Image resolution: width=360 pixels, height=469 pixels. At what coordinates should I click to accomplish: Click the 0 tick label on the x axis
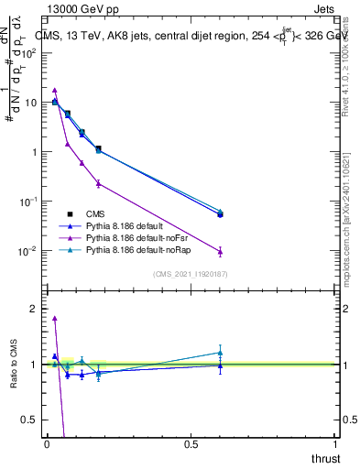tap(47, 443)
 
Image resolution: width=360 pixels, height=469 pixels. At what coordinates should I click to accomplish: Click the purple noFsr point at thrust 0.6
tap(220, 251)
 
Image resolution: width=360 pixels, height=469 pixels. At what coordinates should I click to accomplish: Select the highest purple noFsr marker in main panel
tap(55, 91)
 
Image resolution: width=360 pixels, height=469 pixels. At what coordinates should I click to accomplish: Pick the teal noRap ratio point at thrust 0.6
tap(220, 353)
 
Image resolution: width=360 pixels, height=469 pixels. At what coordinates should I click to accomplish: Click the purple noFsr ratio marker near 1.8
tap(55, 318)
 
